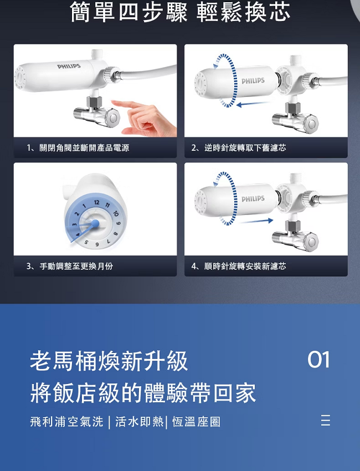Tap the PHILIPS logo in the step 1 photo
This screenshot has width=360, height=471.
tap(69, 66)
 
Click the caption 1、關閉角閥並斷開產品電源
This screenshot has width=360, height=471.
tap(78, 148)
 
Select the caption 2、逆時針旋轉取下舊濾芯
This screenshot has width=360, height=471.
tap(239, 148)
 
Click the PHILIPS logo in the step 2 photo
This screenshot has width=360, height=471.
tap(253, 81)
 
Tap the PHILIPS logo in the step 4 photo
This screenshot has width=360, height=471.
tap(253, 198)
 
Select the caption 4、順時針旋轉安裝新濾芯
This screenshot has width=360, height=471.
tap(239, 266)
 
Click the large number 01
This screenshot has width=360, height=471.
tap(318, 360)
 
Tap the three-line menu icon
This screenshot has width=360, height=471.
tap(326, 421)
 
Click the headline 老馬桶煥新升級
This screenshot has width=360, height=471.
tap(109, 361)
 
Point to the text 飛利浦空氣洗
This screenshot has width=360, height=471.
tap(66, 422)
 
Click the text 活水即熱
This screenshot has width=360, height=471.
tap(140, 422)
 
